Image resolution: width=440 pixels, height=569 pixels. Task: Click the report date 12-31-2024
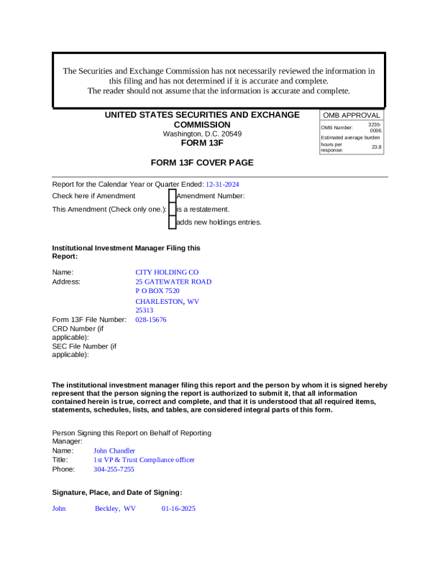[222, 185]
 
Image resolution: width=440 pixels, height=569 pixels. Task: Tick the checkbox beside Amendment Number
[172, 195]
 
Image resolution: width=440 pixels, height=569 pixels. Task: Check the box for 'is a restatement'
[172, 209]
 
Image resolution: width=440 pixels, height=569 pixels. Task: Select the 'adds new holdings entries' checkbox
[172, 222]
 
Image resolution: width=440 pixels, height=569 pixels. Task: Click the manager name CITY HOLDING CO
[167, 272]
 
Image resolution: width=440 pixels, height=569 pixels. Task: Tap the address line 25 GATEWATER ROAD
[173, 282]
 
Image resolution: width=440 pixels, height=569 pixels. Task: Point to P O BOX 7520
[157, 291]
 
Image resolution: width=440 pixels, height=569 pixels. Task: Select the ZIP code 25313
[145, 310]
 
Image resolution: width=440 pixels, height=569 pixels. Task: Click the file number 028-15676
[151, 320]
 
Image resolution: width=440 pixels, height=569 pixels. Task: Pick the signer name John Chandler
[114, 450]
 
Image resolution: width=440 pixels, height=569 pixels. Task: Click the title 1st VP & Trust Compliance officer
[144, 460]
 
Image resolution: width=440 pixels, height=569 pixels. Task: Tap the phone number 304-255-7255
[114, 469]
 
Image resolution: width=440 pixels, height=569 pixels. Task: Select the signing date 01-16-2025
[178, 509]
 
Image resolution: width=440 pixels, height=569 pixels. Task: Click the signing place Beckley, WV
[115, 509]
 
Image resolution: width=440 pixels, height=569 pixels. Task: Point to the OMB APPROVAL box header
[352, 116]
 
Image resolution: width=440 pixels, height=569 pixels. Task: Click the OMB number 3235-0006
[375, 127]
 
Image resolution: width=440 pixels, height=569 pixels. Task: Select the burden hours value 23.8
[377, 147]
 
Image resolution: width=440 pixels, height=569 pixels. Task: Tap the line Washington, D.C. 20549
[202, 134]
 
